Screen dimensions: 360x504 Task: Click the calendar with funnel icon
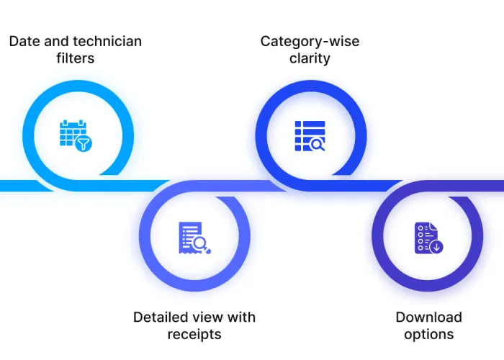pyautogui.click(x=76, y=135)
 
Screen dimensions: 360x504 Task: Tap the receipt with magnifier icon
pyautogui.click(x=194, y=238)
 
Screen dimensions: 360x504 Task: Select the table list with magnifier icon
pyautogui.click(x=310, y=135)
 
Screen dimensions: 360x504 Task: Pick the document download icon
pyautogui.click(x=428, y=238)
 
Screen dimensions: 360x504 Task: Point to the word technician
pyautogui.click(x=107, y=41)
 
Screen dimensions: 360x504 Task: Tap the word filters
pyautogui.click(x=75, y=58)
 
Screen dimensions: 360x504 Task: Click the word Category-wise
pyautogui.click(x=310, y=41)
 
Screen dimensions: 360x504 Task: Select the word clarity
pyautogui.click(x=310, y=58)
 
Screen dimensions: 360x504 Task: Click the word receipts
pyautogui.click(x=194, y=334)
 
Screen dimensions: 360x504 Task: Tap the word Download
pyautogui.click(x=428, y=317)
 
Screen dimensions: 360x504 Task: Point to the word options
pyautogui.click(x=428, y=334)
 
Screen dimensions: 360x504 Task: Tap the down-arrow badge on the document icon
pyautogui.click(x=436, y=247)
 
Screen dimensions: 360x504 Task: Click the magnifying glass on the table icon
pyautogui.click(x=318, y=143)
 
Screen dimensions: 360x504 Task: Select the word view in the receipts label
pyautogui.click(x=207, y=317)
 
